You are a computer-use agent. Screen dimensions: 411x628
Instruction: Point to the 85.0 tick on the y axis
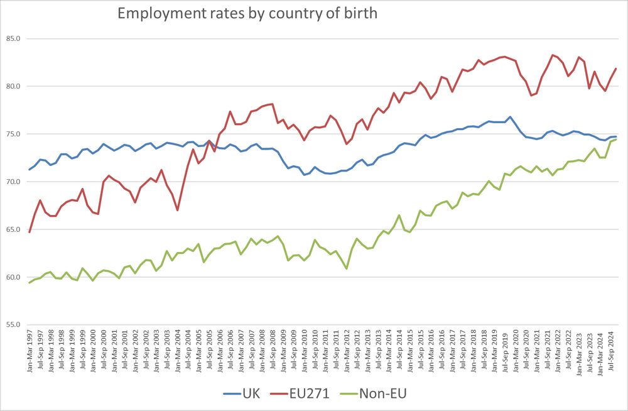coord(13,38)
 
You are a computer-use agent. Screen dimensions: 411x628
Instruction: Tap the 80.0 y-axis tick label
coord(13,86)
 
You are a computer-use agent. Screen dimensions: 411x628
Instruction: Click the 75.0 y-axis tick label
coord(13,134)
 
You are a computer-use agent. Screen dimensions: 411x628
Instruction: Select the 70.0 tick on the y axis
coord(13,182)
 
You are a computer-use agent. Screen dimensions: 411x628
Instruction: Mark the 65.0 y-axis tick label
coord(13,229)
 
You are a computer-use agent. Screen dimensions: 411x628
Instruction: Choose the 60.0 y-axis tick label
coord(13,277)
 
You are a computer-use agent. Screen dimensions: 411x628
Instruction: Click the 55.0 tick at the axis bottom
coord(13,325)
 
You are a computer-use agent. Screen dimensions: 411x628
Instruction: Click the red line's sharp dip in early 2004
coord(178,210)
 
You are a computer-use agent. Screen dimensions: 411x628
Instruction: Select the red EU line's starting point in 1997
coord(30,233)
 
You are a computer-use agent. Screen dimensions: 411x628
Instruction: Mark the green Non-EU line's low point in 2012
coord(347,268)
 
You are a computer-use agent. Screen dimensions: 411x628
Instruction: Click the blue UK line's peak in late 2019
coord(510,117)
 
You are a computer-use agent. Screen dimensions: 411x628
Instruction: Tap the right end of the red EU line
coord(616,68)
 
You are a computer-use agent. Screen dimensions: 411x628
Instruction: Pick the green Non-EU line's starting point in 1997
coord(30,282)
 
